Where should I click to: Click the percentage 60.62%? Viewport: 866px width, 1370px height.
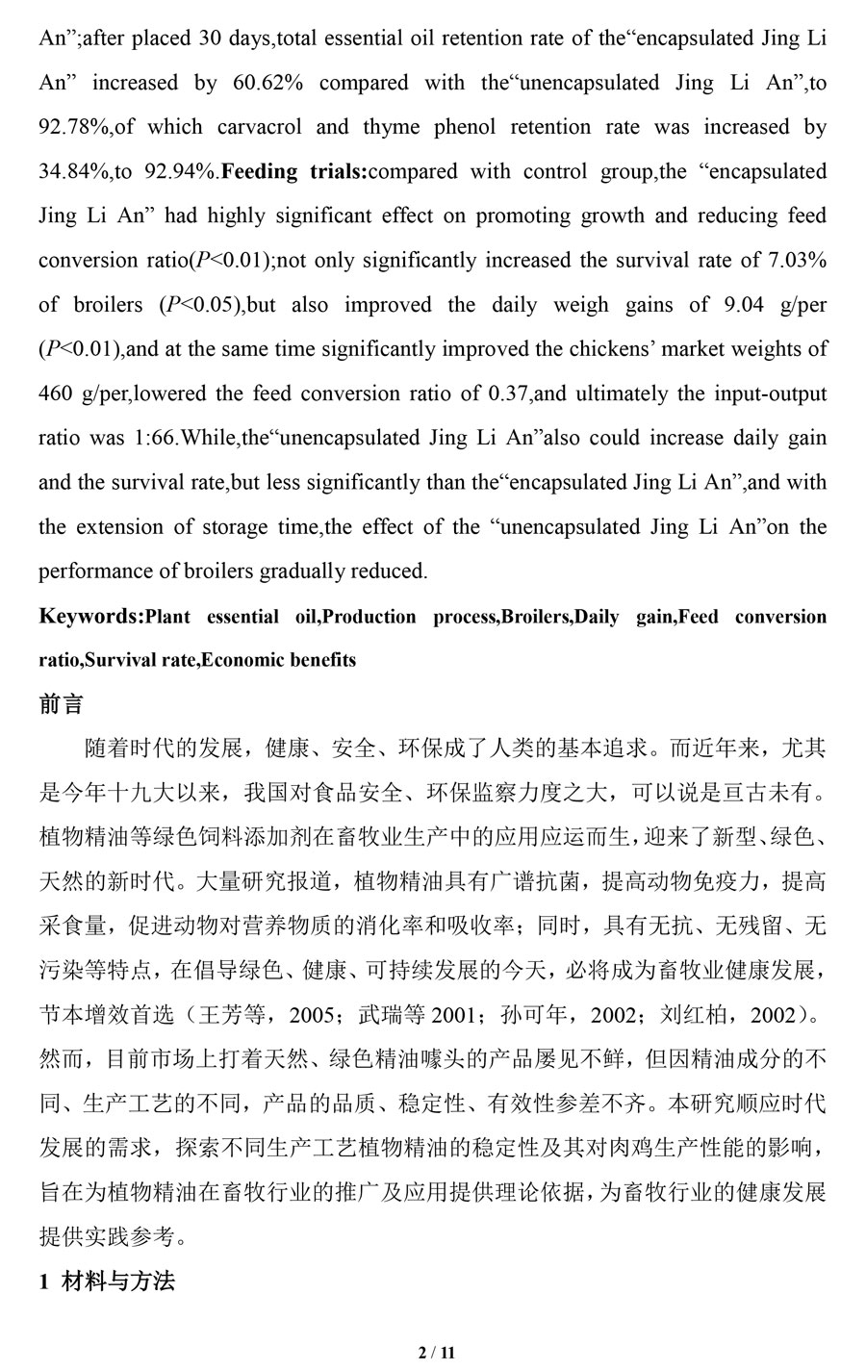pyautogui.click(x=268, y=83)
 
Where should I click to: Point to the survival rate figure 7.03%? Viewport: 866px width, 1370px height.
pyautogui.click(x=792, y=260)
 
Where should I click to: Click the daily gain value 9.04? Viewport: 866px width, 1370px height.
pyautogui.click(x=742, y=305)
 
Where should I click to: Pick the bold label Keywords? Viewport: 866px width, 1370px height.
pyautogui.click(x=90, y=616)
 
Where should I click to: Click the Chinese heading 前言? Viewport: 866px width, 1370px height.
pyautogui.click(x=61, y=704)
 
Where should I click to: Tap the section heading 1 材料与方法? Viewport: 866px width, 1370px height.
pyautogui.click(x=107, y=1281)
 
